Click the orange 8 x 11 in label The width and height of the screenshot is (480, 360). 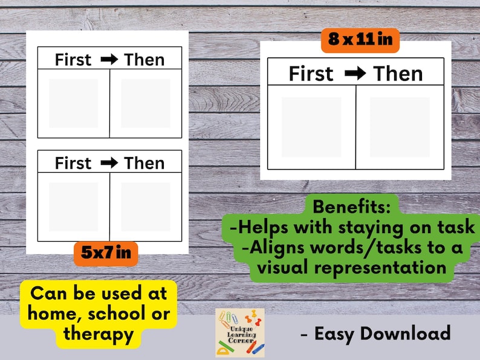point(360,40)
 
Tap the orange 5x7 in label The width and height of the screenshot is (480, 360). point(106,254)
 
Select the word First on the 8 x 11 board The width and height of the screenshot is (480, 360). point(311,74)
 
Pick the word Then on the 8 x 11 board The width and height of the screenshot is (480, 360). point(398,74)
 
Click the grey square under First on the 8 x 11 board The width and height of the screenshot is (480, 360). point(311,127)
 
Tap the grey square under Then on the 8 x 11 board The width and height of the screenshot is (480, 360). point(400,127)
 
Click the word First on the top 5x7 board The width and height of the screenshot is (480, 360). point(73,59)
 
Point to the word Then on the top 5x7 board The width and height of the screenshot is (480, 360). point(144,59)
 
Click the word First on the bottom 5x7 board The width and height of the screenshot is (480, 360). point(73,163)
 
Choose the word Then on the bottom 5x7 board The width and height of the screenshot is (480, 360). point(144,163)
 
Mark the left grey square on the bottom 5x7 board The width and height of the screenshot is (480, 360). point(73,207)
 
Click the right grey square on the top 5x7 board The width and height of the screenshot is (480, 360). point(146,103)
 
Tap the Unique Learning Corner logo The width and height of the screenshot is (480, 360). point(240,333)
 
